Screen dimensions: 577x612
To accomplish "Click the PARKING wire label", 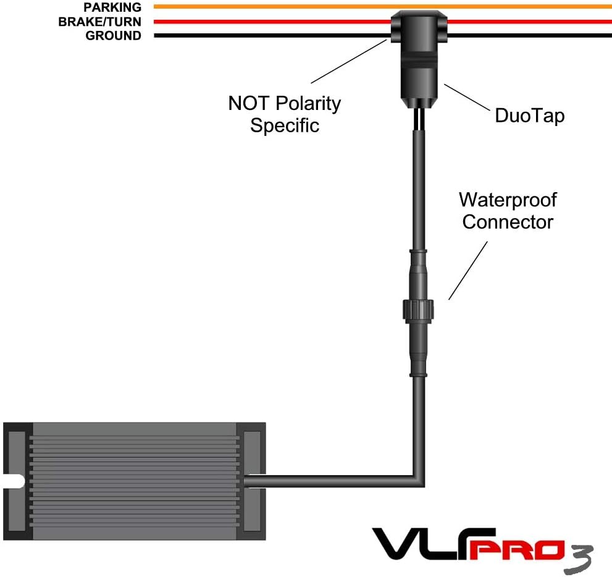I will [x=112, y=7].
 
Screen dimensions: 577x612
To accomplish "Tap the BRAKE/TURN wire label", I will [x=99, y=22].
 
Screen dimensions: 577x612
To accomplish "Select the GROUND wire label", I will [x=113, y=36].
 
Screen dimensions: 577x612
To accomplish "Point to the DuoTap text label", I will [x=529, y=116].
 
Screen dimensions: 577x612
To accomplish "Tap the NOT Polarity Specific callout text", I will [x=284, y=114].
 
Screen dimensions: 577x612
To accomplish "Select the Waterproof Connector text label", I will [x=508, y=211].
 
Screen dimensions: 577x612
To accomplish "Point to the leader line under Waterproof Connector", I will [x=467, y=270].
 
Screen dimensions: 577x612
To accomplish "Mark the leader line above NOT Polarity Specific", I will [x=349, y=61].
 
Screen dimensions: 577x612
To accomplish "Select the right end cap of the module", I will [x=253, y=481].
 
